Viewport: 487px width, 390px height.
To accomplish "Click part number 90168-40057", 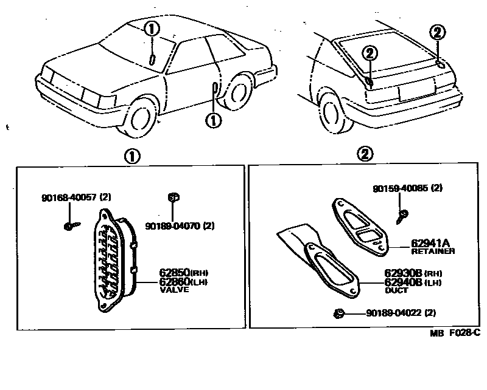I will point(66,197).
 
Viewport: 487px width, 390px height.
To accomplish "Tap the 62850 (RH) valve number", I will point(172,273).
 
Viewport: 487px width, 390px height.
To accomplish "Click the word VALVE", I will point(174,290).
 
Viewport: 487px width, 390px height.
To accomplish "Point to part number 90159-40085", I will point(398,189).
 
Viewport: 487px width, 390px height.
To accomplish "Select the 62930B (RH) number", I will point(403,274).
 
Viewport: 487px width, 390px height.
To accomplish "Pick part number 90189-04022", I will point(391,313).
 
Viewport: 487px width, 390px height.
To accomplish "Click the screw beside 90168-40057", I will point(69,226).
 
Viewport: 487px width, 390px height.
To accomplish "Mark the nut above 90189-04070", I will point(172,196).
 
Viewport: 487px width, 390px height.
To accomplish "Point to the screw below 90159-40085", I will point(402,213).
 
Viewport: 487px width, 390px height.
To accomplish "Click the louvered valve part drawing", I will point(113,261).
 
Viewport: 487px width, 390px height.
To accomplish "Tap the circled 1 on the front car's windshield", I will point(152,29).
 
